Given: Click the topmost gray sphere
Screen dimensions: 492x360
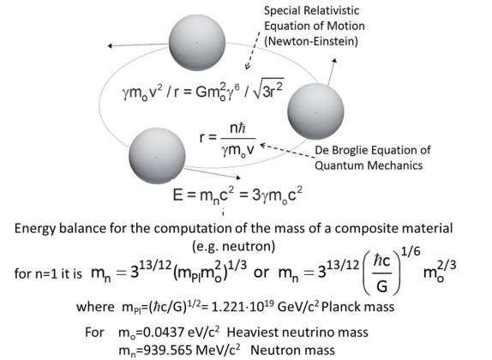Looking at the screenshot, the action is coord(197,43).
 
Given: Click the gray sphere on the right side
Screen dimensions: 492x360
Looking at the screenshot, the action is coord(315,111).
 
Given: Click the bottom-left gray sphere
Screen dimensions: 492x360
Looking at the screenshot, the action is coord(157,156).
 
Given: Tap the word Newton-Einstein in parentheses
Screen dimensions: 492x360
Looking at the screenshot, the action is coord(311,41).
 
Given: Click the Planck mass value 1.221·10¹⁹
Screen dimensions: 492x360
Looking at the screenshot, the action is coord(243,306).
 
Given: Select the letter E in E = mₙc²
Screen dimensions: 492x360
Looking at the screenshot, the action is coord(177,195).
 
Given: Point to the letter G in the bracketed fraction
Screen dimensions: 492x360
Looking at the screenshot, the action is coord(381,286).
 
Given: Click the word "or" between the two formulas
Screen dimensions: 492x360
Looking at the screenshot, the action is coord(261,273).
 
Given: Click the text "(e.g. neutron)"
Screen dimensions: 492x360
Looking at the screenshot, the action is coord(233,246).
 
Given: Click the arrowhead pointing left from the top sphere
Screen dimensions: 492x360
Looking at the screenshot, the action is coord(110,45).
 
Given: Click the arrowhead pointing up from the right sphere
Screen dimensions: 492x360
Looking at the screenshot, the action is coord(334,61).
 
